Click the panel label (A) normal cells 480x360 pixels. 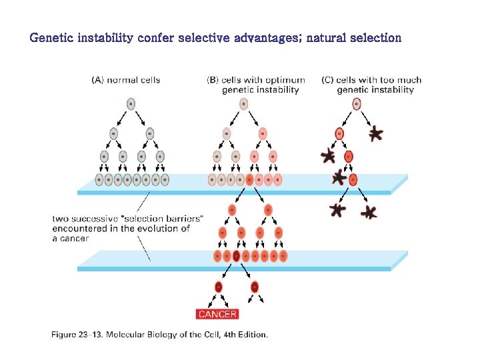coord(126,80)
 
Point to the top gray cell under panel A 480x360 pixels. coord(131,103)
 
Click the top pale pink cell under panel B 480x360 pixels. coord(244,103)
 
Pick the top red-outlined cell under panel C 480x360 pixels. coord(357,103)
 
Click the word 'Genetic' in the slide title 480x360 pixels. coord(52,37)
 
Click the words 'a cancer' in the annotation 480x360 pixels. coord(70,239)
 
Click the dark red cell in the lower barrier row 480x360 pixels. coord(236,256)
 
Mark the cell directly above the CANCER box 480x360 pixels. coord(218,287)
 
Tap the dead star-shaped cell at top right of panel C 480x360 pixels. coord(376,134)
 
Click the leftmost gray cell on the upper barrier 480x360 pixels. coord(99,179)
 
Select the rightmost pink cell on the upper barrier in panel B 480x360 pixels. coord(278,179)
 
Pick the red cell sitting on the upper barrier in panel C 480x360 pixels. coord(353,179)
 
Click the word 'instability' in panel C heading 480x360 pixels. coord(391,90)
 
